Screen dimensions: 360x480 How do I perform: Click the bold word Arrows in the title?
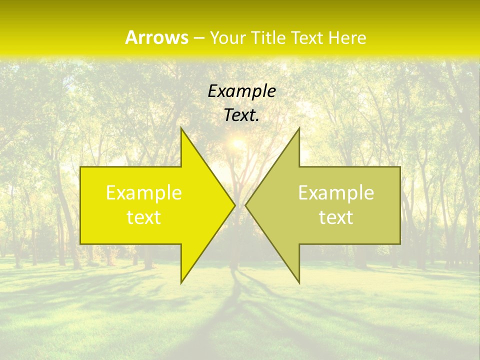[156, 37]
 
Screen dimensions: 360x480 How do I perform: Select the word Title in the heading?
[267, 38]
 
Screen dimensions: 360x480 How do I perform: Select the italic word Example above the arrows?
[241, 91]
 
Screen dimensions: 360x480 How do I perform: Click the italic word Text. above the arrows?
[241, 115]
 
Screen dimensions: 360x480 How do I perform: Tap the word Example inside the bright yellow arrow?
[144, 192]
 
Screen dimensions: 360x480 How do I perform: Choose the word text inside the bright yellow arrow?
[144, 217]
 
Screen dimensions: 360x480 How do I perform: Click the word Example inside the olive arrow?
[336, 192]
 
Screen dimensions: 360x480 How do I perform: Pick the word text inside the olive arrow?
[336, 217]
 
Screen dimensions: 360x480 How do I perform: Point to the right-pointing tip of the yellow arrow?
[235, 205]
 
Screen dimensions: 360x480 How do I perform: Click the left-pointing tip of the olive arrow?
[245, 205]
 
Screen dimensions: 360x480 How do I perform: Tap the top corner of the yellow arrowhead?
[181, 128]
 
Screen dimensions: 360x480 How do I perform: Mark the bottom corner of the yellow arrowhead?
[181, 283]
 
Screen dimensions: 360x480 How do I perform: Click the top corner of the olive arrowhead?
[299, 128]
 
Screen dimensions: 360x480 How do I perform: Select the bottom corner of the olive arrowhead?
[299, 283]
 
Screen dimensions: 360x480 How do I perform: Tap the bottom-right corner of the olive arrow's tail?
[400, 243]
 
